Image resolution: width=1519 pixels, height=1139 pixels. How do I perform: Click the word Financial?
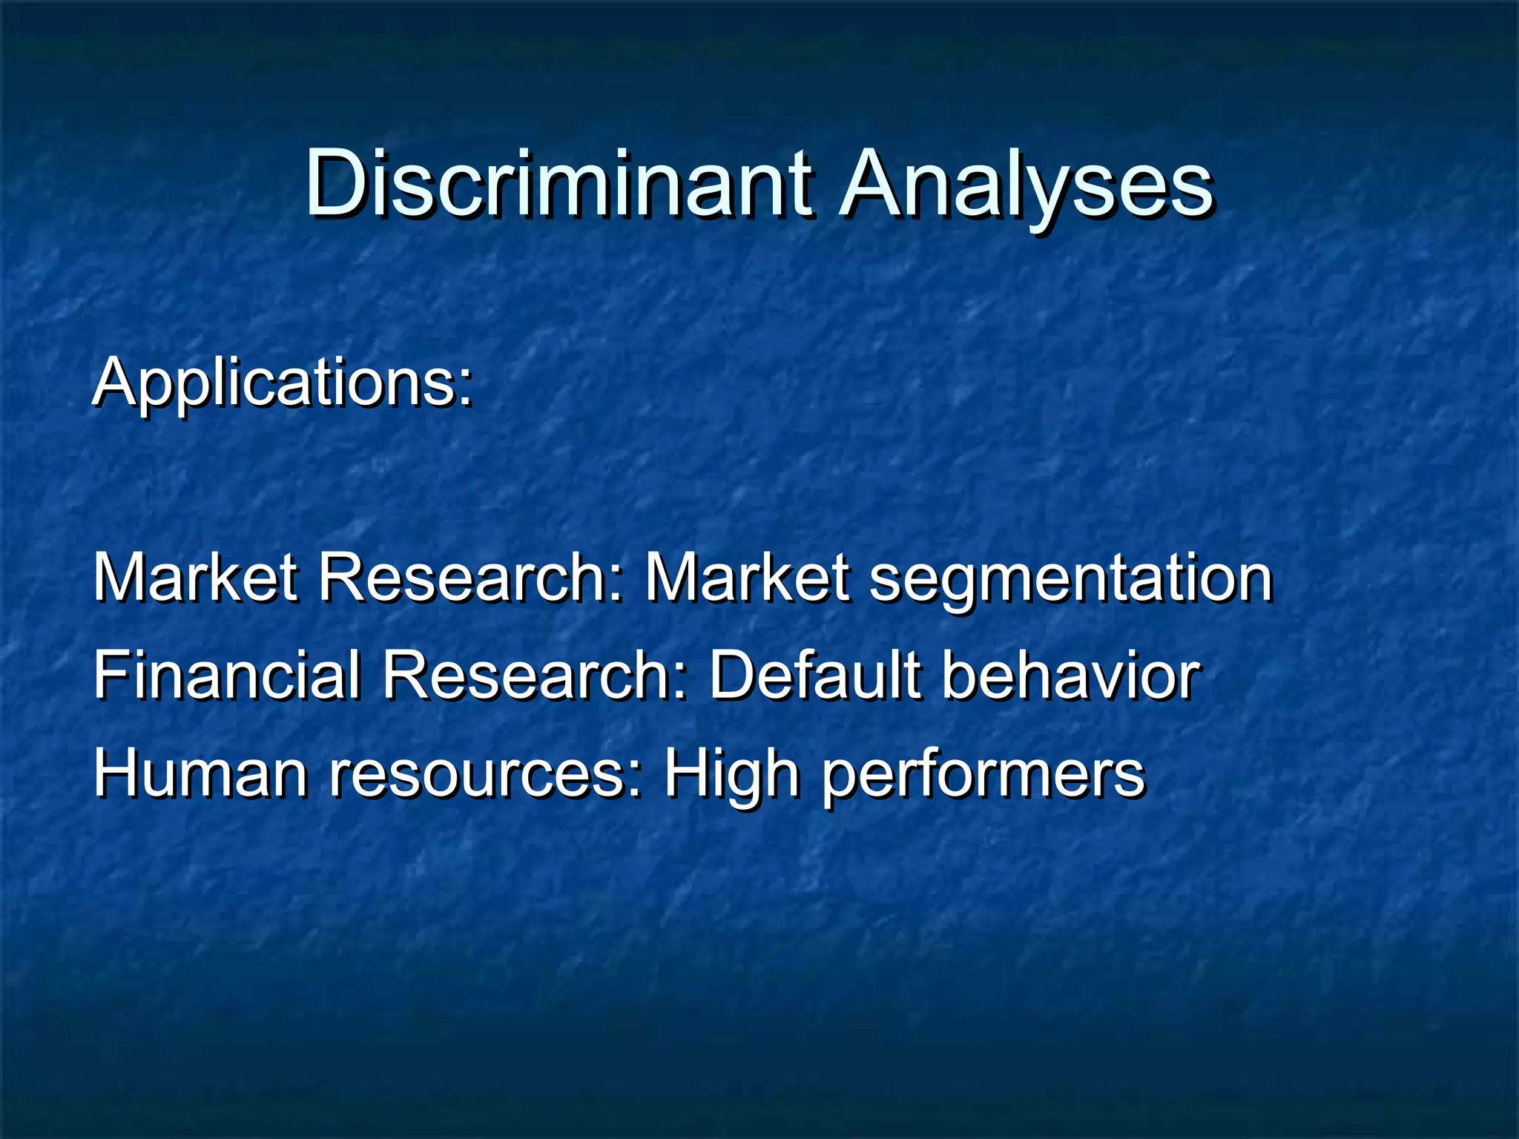226,676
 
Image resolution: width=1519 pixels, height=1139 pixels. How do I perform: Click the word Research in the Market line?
467,578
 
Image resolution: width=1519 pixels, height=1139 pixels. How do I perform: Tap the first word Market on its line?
195,578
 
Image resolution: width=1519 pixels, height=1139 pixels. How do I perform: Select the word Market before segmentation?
746,578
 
